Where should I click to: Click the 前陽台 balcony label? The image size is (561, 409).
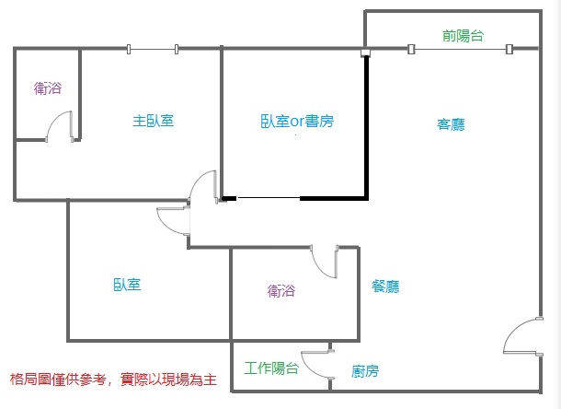(463, 36)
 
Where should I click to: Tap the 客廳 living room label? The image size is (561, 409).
(451, 124)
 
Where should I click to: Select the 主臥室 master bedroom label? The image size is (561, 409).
(154, 121)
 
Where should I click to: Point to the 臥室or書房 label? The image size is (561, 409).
(297, 122)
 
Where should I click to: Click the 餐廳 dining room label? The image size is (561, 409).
(385, 286)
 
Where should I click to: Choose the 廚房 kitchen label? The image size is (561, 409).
(364, 371)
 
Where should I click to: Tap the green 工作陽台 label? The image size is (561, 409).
(271, 368)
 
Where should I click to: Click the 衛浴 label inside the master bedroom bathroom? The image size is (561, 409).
(48, 88)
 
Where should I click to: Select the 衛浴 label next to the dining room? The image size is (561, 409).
(281, 290)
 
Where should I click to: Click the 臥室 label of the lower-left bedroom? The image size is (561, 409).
(127, 285)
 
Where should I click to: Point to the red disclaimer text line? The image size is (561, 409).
(113, 380)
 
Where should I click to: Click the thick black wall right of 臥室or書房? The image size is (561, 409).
(366, 126)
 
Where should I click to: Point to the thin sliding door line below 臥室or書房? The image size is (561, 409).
(269, 197)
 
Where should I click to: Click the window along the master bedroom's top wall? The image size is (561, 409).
(153, 49)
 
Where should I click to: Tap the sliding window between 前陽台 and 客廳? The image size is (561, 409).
(461, 49)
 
